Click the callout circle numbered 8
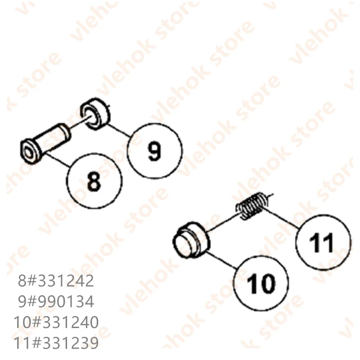94,181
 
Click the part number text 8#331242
56,281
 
